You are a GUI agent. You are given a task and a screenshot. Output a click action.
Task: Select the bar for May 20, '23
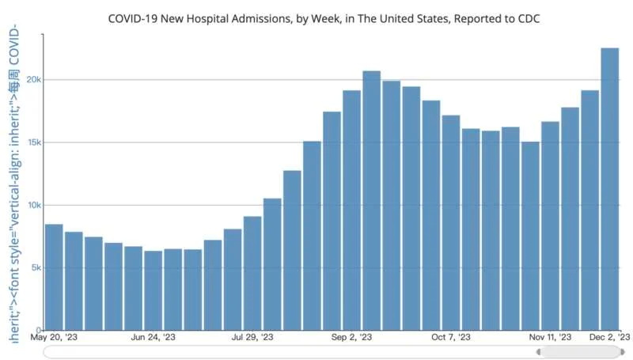[x=54, y=277]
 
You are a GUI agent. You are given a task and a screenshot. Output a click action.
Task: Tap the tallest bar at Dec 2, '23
[x=609, y=189]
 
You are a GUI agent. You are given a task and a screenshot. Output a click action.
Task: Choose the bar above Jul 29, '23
[x=252, y=273]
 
